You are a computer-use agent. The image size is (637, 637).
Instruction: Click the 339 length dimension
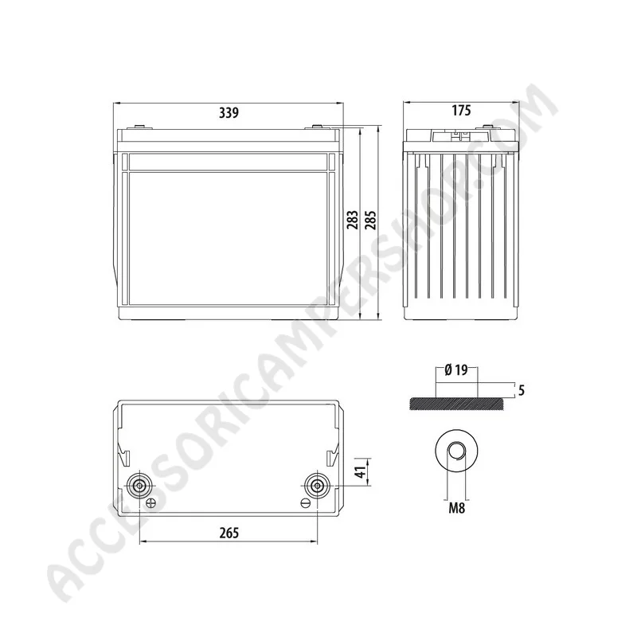[229, 112]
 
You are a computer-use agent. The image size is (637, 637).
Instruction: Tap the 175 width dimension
[461, 110]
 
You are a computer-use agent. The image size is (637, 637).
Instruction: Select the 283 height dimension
[353, 220]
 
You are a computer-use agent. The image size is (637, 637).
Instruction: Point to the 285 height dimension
[370, 220]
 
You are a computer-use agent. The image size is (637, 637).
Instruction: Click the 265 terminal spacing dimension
[229, 533]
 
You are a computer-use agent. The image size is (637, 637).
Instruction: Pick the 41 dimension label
[360, 471]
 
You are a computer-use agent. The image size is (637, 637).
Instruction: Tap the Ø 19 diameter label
[456, 370]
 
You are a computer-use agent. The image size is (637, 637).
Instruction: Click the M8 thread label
[456, 508]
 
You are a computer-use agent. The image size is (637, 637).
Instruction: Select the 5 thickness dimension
[522, 390]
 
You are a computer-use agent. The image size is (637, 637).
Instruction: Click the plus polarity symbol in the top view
[150, 503]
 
